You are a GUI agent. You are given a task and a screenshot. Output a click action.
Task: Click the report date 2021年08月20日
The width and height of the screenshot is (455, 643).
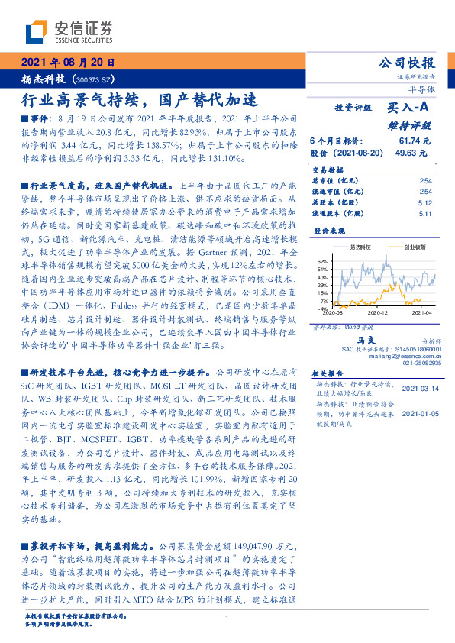click(x=67, y=63)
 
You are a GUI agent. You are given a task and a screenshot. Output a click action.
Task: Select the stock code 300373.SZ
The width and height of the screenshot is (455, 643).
click(x=95, y=79)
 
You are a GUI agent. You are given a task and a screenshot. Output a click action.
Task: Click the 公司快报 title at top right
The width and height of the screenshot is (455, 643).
click(x=406, y=63)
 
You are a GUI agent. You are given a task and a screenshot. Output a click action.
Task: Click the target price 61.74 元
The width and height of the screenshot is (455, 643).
click(x=415, y=141)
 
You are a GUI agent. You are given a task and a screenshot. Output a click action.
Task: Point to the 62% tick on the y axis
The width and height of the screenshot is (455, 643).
click(x=323, y=261)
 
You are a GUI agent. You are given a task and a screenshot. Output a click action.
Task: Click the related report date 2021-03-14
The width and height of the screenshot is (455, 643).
click(x=419, y=388)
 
